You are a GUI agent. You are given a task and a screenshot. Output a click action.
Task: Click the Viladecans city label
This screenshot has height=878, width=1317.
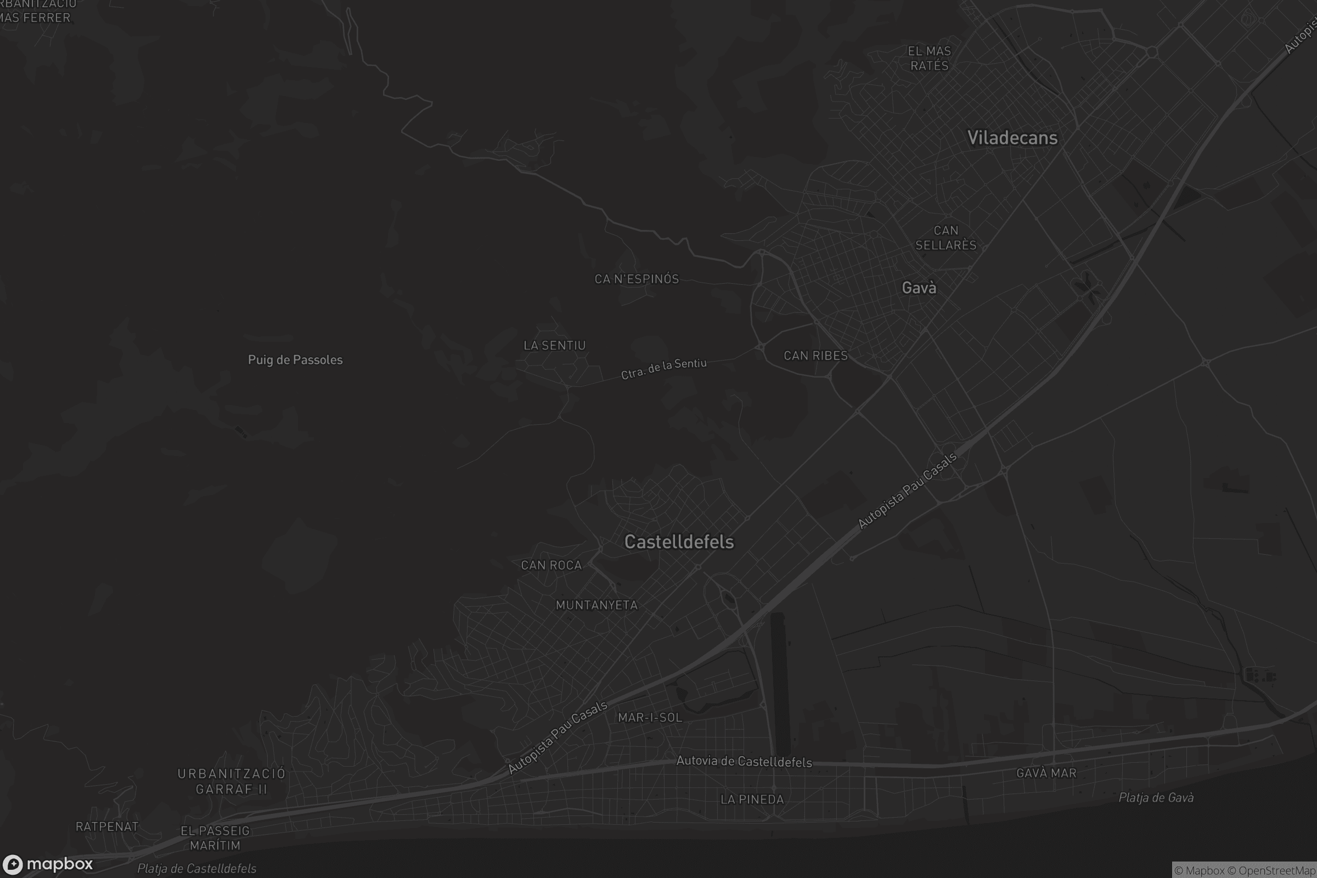click(x=1012, y=138)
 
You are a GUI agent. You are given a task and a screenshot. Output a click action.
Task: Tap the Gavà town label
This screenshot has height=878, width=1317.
click(x=919, y=288)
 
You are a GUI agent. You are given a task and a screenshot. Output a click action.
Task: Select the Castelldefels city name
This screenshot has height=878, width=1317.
click(x=679, y=542)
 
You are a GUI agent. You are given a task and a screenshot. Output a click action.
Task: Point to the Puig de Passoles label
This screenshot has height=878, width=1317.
click(x=295, y=360)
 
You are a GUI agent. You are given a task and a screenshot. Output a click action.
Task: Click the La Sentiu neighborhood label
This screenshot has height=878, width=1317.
click(x=554, y=346)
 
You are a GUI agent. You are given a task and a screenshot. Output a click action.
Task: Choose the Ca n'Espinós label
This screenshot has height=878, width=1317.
click(x=637, y=279)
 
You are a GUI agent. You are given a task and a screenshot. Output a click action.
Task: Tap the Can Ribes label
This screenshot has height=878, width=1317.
click(x=815, y=356)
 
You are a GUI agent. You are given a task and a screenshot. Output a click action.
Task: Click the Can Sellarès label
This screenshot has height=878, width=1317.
click(x=945, y=238)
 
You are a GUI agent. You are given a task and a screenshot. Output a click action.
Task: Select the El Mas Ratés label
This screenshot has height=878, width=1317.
click(x=930, y=58)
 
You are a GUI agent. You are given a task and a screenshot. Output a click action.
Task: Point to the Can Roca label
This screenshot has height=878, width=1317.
click(x=551, y=566)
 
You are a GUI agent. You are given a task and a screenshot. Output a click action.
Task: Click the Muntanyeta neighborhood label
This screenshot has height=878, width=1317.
click(x=596, y=605)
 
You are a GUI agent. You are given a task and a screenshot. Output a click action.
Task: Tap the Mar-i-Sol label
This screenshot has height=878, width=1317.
click(x=650, y=718)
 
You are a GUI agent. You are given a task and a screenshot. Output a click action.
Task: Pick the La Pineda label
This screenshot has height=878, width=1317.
click(x=752, y=800)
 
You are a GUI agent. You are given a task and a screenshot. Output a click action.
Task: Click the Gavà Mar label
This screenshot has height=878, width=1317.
click(x=1046, y=773)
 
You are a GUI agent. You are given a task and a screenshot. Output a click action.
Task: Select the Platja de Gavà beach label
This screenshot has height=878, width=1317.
click(x=1156, y=798)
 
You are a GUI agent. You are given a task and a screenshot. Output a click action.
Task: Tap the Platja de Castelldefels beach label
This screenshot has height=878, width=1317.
click(x=196, y=869)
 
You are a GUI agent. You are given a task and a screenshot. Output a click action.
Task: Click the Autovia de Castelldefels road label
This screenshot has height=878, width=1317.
click(x=744, y=762)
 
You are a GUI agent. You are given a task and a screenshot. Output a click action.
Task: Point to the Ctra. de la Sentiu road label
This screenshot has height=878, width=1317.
click(x=663, y=369)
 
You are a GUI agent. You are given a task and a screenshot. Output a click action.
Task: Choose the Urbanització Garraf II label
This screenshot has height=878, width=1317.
click(x=231, y=781)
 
